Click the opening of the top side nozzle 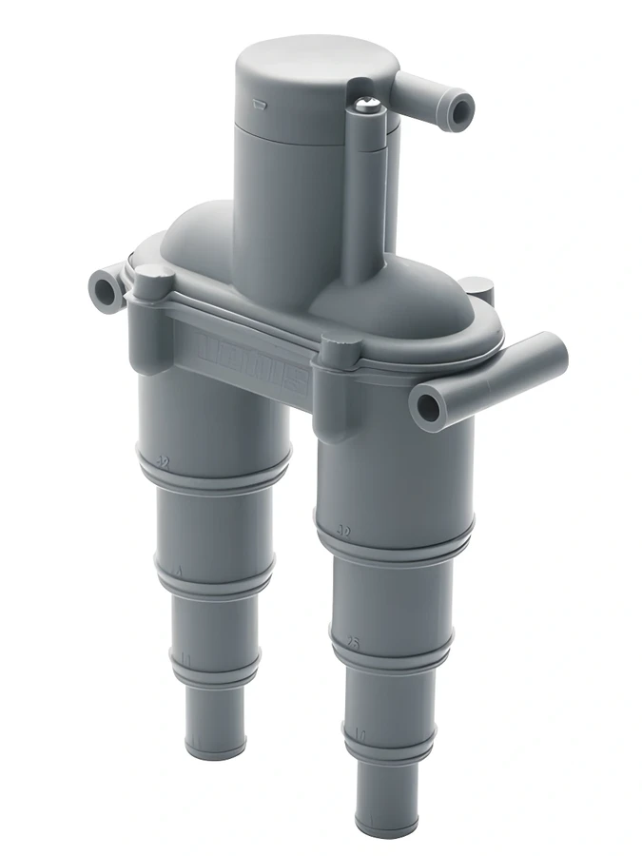click(x=462, y=112)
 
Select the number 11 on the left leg click(x=186, y=658)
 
